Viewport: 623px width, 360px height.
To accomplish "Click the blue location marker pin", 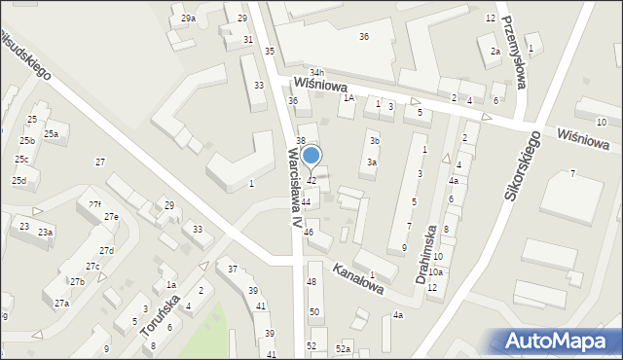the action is pyautogui.click(x=311, y=157).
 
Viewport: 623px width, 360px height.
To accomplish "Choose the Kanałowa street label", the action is pyautogui.click(x=357, y=278).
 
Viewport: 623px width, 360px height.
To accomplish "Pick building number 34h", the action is pyautogui.click(x=316, y=73).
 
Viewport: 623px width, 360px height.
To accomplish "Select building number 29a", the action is pyautogui.click(x=188, y=18).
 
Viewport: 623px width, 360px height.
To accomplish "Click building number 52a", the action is pyautogui.click(x=343, y=348).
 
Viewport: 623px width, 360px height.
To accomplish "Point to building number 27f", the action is pyautogui.click(x=94, y=204).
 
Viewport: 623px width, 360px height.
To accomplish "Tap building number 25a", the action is pyautogui.click(x=51, y=134).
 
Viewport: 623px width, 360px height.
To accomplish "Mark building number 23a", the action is pyautogui.click(x=46, y=232).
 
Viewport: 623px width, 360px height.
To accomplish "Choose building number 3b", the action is pyautogui.click(x=375, y=141).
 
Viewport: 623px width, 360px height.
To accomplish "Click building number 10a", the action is pyautogui.click(x=434, y=272).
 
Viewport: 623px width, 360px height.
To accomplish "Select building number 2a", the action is pyautogui.click(x=495, y=52).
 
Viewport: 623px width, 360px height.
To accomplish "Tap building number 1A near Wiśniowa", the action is pyautogui.click(x=347, y=97).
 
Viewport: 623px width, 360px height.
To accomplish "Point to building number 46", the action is pyautogui.click(x=309, y=232).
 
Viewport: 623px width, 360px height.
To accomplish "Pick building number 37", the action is pyautogui.click(x=233, y=269).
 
